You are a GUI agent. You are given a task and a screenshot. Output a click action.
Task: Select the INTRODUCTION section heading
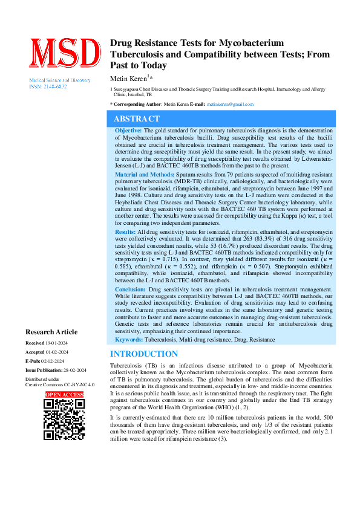(x=144, y=354)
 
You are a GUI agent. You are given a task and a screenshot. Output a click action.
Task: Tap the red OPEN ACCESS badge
(x=64, y=395)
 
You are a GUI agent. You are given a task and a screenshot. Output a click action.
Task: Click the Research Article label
(x=51, y=332)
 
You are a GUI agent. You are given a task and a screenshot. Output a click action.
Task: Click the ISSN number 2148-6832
(x=54, y=86)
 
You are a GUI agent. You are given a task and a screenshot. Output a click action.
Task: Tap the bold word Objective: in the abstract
(x=128, y=130)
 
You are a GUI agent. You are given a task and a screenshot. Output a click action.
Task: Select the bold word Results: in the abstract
(x=125, y=232)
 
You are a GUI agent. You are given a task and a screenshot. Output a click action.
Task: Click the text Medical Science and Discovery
(x=56, y=80)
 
